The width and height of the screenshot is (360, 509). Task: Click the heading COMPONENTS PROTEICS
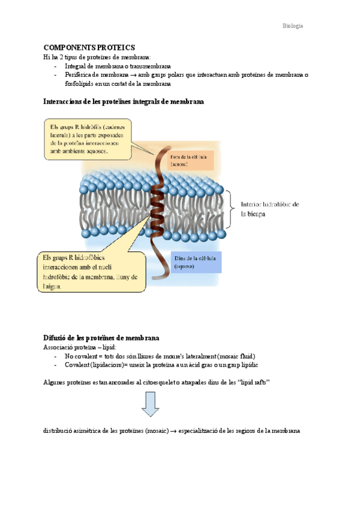[x=89, y=47]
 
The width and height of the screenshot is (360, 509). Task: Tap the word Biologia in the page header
[x=293, y=26]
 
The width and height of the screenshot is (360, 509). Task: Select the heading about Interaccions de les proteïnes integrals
[x=124, y=102]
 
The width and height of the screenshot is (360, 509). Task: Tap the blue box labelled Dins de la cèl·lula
[x=197, y=261]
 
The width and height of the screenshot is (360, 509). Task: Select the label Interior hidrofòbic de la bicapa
[x=270, y=208]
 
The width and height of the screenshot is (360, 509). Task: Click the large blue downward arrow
[x=150, y=404]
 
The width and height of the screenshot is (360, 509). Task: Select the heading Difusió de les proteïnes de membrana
[x=101, y=338]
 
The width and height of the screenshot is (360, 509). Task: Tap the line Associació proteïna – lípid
[x=80, y=348]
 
